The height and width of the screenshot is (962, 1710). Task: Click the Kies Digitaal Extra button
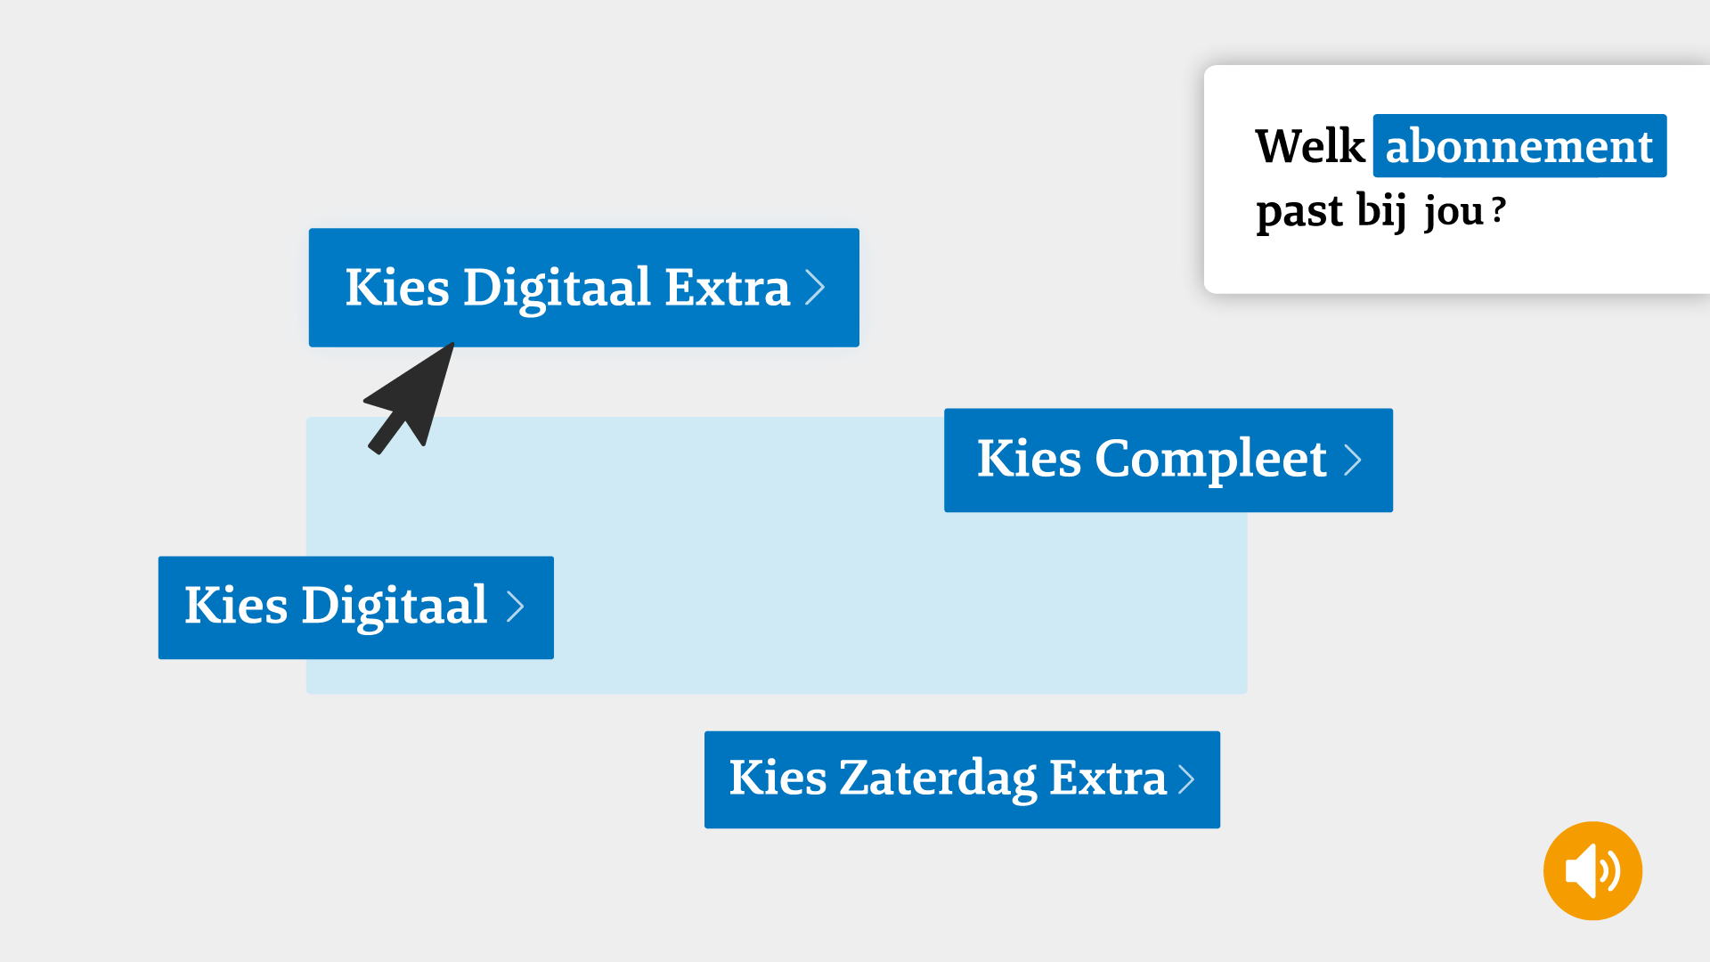tap(584, 288)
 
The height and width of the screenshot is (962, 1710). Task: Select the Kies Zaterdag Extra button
tap(962, 779)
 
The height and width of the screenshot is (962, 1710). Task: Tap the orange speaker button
tap(1592, 870)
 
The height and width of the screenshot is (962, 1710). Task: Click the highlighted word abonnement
tap(1519, 146)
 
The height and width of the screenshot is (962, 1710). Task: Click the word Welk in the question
tap(1310, 146)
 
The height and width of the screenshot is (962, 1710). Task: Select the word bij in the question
tap(1381, 211)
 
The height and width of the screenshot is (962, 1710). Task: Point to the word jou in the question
tap(1453, 213)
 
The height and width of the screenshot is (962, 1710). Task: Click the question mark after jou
tap(1499, 210)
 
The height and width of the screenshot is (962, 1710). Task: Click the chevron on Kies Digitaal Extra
tap(815, 288)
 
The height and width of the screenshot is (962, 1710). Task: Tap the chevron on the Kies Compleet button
tap(1353, 461)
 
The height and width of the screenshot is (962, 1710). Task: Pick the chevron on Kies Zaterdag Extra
tap(1186, 779)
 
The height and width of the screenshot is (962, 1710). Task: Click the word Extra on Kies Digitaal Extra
tap(727, 288)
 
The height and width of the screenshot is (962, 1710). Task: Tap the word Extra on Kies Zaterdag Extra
tap(1108, 778)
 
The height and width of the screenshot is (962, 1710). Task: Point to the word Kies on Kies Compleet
tap(1029, 459)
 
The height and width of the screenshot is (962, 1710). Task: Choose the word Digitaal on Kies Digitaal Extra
tap(557, 289)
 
